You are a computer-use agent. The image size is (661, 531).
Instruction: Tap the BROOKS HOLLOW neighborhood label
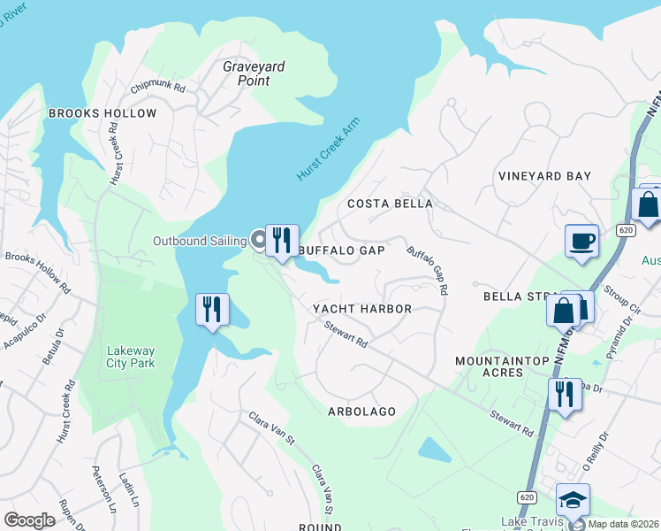[103, 113]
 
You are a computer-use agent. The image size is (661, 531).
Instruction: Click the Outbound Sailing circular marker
[259, 240]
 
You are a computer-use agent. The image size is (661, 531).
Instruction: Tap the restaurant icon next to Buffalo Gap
[282, 241]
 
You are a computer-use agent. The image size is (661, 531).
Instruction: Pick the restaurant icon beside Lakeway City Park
[212, 311]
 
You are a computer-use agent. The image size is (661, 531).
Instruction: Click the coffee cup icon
[581, 241]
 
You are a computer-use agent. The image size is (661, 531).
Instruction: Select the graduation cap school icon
[574, 500]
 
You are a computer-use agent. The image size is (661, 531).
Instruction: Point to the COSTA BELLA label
[390, 204]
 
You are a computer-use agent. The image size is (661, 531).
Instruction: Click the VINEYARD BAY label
[543, 176]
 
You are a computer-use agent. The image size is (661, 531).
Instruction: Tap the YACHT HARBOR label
[362, 309]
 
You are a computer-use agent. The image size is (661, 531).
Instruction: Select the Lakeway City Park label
[130, 357]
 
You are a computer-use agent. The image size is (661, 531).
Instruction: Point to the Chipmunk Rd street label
[157, 88]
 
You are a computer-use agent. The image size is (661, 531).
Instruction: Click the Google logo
[29, 519]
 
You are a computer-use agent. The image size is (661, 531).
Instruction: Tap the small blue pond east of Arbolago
[434, 450]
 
